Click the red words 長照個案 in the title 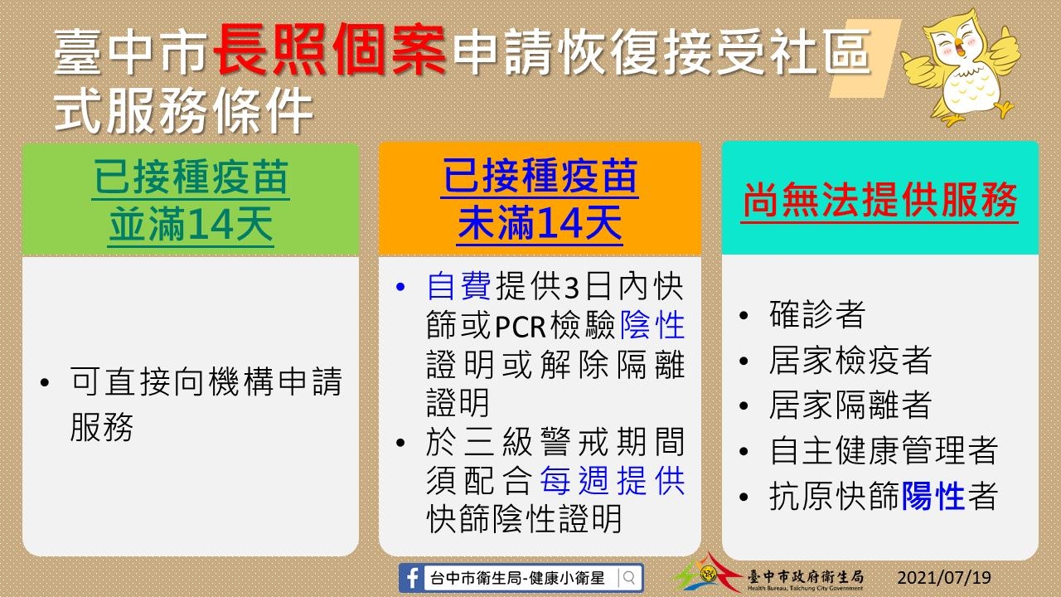(x=330, y=51)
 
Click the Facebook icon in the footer (x=412, y=578)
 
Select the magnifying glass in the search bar (x=629, y=578)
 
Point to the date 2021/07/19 (x=944, y=578)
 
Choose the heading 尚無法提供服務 (x=879, y=200)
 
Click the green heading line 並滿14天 (x=191, y=224)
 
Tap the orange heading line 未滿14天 (x=540, y=223)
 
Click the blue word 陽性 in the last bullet (x=933, y=496)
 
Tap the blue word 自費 (x=458, y=286)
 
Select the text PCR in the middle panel (x=520, y=326)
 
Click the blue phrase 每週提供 (x=612, y=480)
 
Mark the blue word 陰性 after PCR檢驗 (x=652, y=326)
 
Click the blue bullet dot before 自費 (x=400, y=287)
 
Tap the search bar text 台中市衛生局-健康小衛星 (x=517, y=578)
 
